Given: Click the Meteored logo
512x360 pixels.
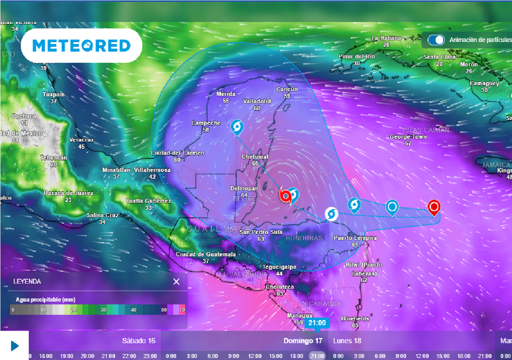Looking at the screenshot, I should click(x=81, y=45).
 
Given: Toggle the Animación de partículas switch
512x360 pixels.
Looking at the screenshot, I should click(x=436, y=40).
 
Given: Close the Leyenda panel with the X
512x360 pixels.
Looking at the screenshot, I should click(x=176, y=281).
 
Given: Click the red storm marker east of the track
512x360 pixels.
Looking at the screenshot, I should click(x=434, y=206).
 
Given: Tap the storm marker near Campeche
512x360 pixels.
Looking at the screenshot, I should click(x=237, y=127).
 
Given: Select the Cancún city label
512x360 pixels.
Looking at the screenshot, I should click(x=287, y=89).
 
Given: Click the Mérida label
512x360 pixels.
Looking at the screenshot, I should click(x=226, y=94).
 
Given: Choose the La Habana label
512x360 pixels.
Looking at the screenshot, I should click(x=386, y=38).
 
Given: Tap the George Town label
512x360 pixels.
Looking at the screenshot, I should click(x=408, y=136).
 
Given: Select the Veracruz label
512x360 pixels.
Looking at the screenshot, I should click(x=81, y=140).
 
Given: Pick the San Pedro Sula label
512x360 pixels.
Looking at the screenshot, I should click(x=261, y=232).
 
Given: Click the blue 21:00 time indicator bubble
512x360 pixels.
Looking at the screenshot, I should click(x=317, y=323).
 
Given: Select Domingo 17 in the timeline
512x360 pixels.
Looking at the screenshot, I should click(x=303, y=341).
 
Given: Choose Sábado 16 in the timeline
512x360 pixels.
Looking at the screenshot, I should click(x=138, y=341).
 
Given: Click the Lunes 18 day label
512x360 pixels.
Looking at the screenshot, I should click(x=347, y=341).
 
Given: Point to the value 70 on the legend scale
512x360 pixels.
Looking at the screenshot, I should click(x=182, y=310).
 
